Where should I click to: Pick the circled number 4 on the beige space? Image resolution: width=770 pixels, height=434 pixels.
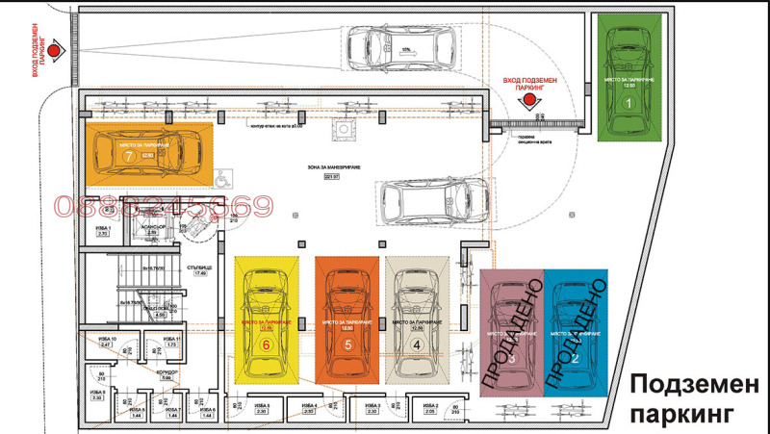[416, 342]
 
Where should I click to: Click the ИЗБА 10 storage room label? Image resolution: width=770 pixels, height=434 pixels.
[106, 341]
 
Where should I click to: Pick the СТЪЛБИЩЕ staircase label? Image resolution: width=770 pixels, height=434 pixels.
[200, 268]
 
